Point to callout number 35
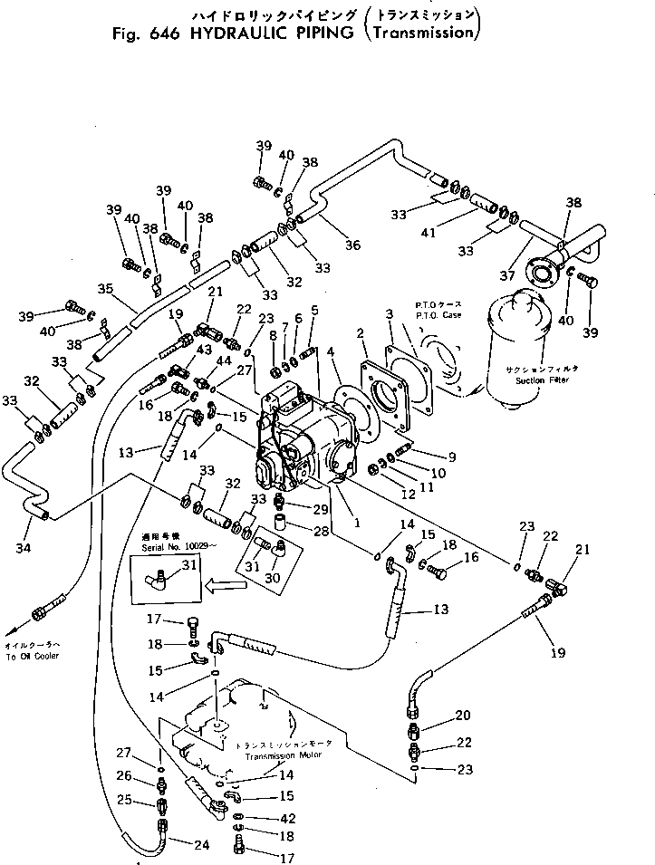click(105, 290)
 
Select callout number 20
click(463, 716)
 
